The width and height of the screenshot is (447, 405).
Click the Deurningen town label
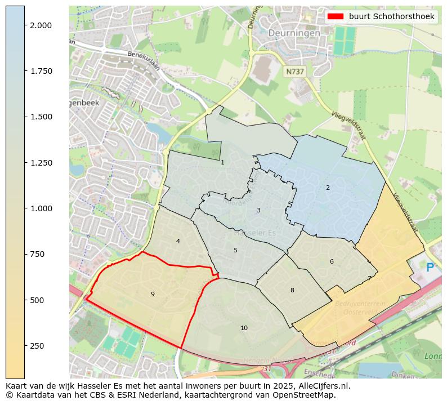click(x=294, y=33)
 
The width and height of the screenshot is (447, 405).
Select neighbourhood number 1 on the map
click(x=222, y=163)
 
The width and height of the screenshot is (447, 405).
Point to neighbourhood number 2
click(x=328, y=188)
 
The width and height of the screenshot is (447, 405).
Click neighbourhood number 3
click(x=258, y=211)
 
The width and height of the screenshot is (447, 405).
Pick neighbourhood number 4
click(x=178, y=241)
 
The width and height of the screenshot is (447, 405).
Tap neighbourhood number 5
click(x=235, y=250)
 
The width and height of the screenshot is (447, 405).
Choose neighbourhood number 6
click(x=332, y=261)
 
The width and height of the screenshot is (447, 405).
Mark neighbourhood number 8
click(x=292, y=290)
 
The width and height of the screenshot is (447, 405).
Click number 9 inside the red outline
click(x=153, y=294)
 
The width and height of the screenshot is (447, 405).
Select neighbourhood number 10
click(x=244, y=328)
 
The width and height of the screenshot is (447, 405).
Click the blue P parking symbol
click(x=430, y=268)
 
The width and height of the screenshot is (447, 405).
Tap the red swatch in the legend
click(x=336, y=17)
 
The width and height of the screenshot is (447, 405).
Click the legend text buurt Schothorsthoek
click(x=391, y=17)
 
